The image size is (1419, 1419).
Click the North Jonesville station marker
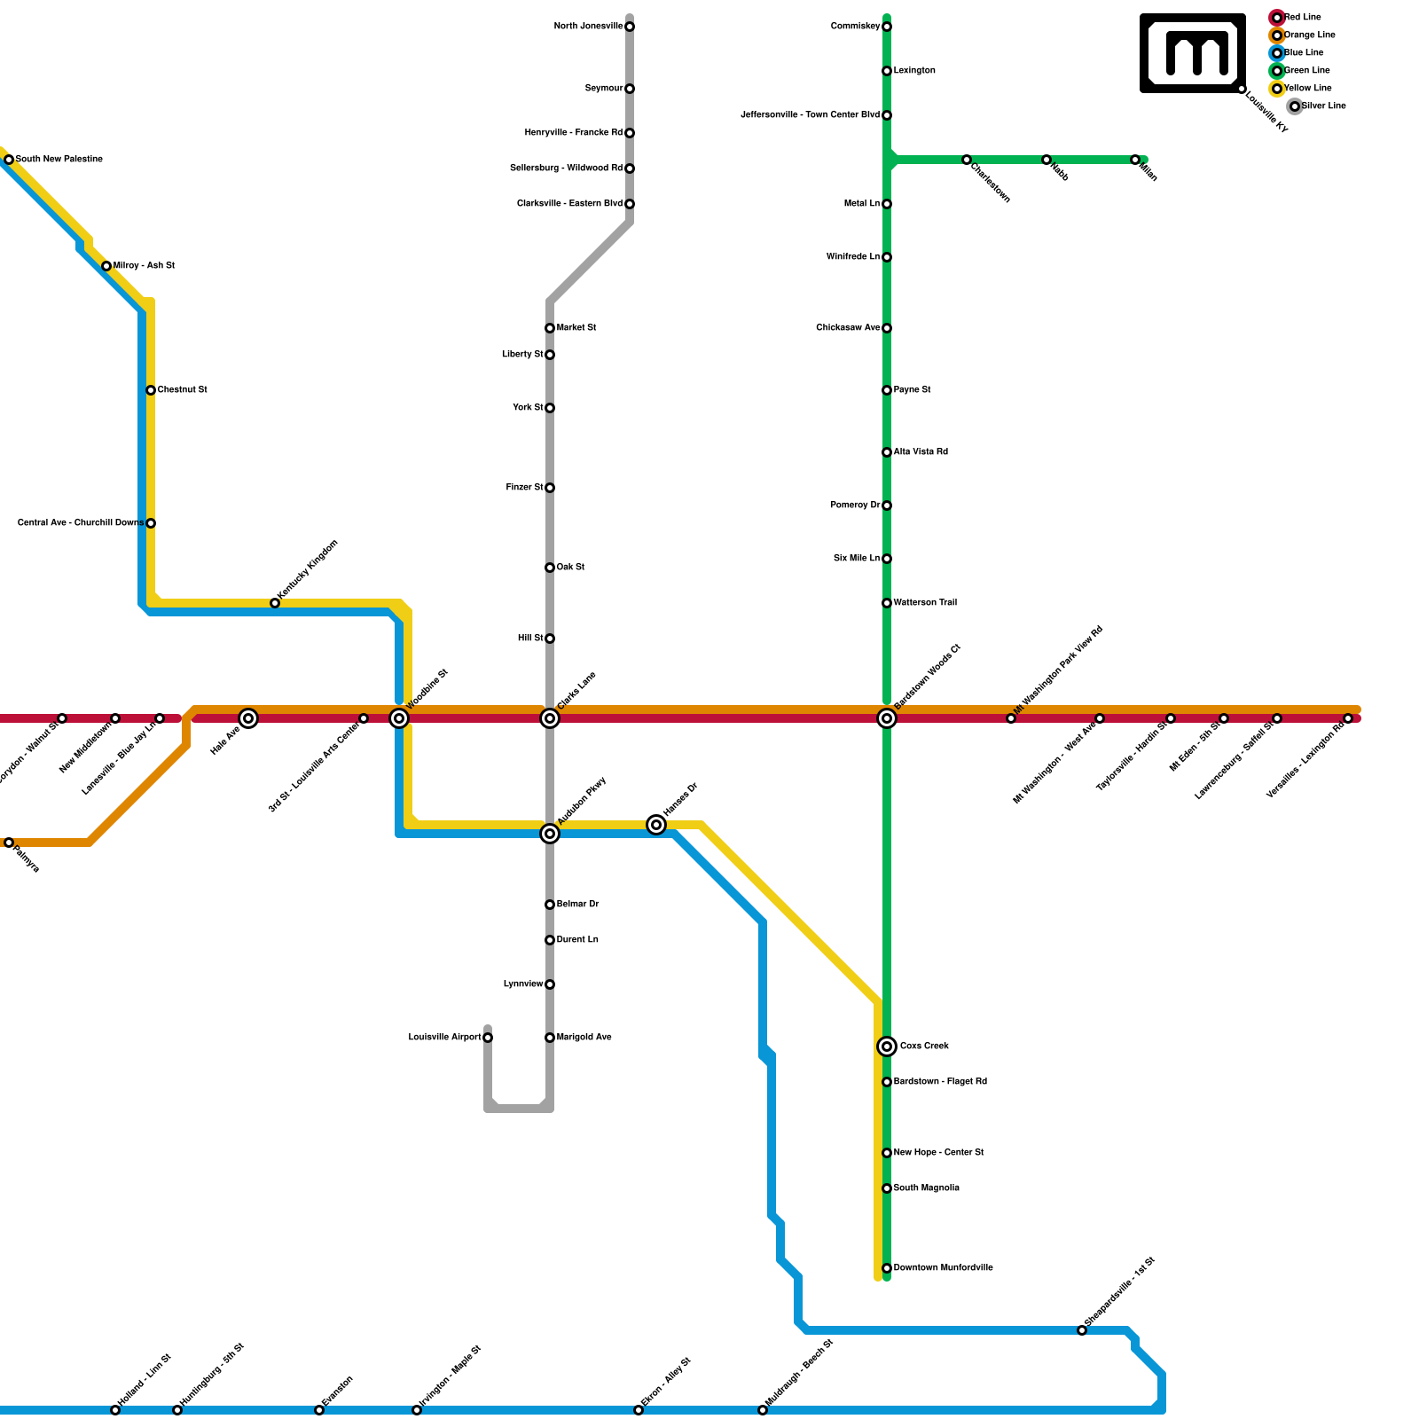[x=630, y=27]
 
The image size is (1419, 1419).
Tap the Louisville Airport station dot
[x=488, y=1038]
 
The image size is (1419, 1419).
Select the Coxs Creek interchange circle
[x=887, y=1047]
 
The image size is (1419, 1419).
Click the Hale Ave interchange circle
[x=248, y=718]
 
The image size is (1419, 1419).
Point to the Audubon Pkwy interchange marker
[x=550, y=834]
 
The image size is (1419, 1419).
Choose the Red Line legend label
[x=1303, y=18]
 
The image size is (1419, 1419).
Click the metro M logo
[x=1194, y=53]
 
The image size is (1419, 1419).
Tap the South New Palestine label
[x=59, y=160]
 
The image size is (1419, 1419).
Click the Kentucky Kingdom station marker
[x=275, y=603]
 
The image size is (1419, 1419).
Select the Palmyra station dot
[x=9, y=843]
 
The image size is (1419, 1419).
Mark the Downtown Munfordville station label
[x=943, y=1268]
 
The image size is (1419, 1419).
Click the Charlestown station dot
[x=967, y=160]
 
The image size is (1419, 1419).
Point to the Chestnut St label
[x=183, y=390]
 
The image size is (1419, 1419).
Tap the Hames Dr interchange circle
[x=656, y=825]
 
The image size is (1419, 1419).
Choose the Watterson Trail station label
[x=925, y=603]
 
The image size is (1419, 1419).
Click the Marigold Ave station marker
[x=550, y=1038]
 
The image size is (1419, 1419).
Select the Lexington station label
[x=914, y=71]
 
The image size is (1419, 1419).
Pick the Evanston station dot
[x=319, y=1410]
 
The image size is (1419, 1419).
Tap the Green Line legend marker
[x=1277, y=71]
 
